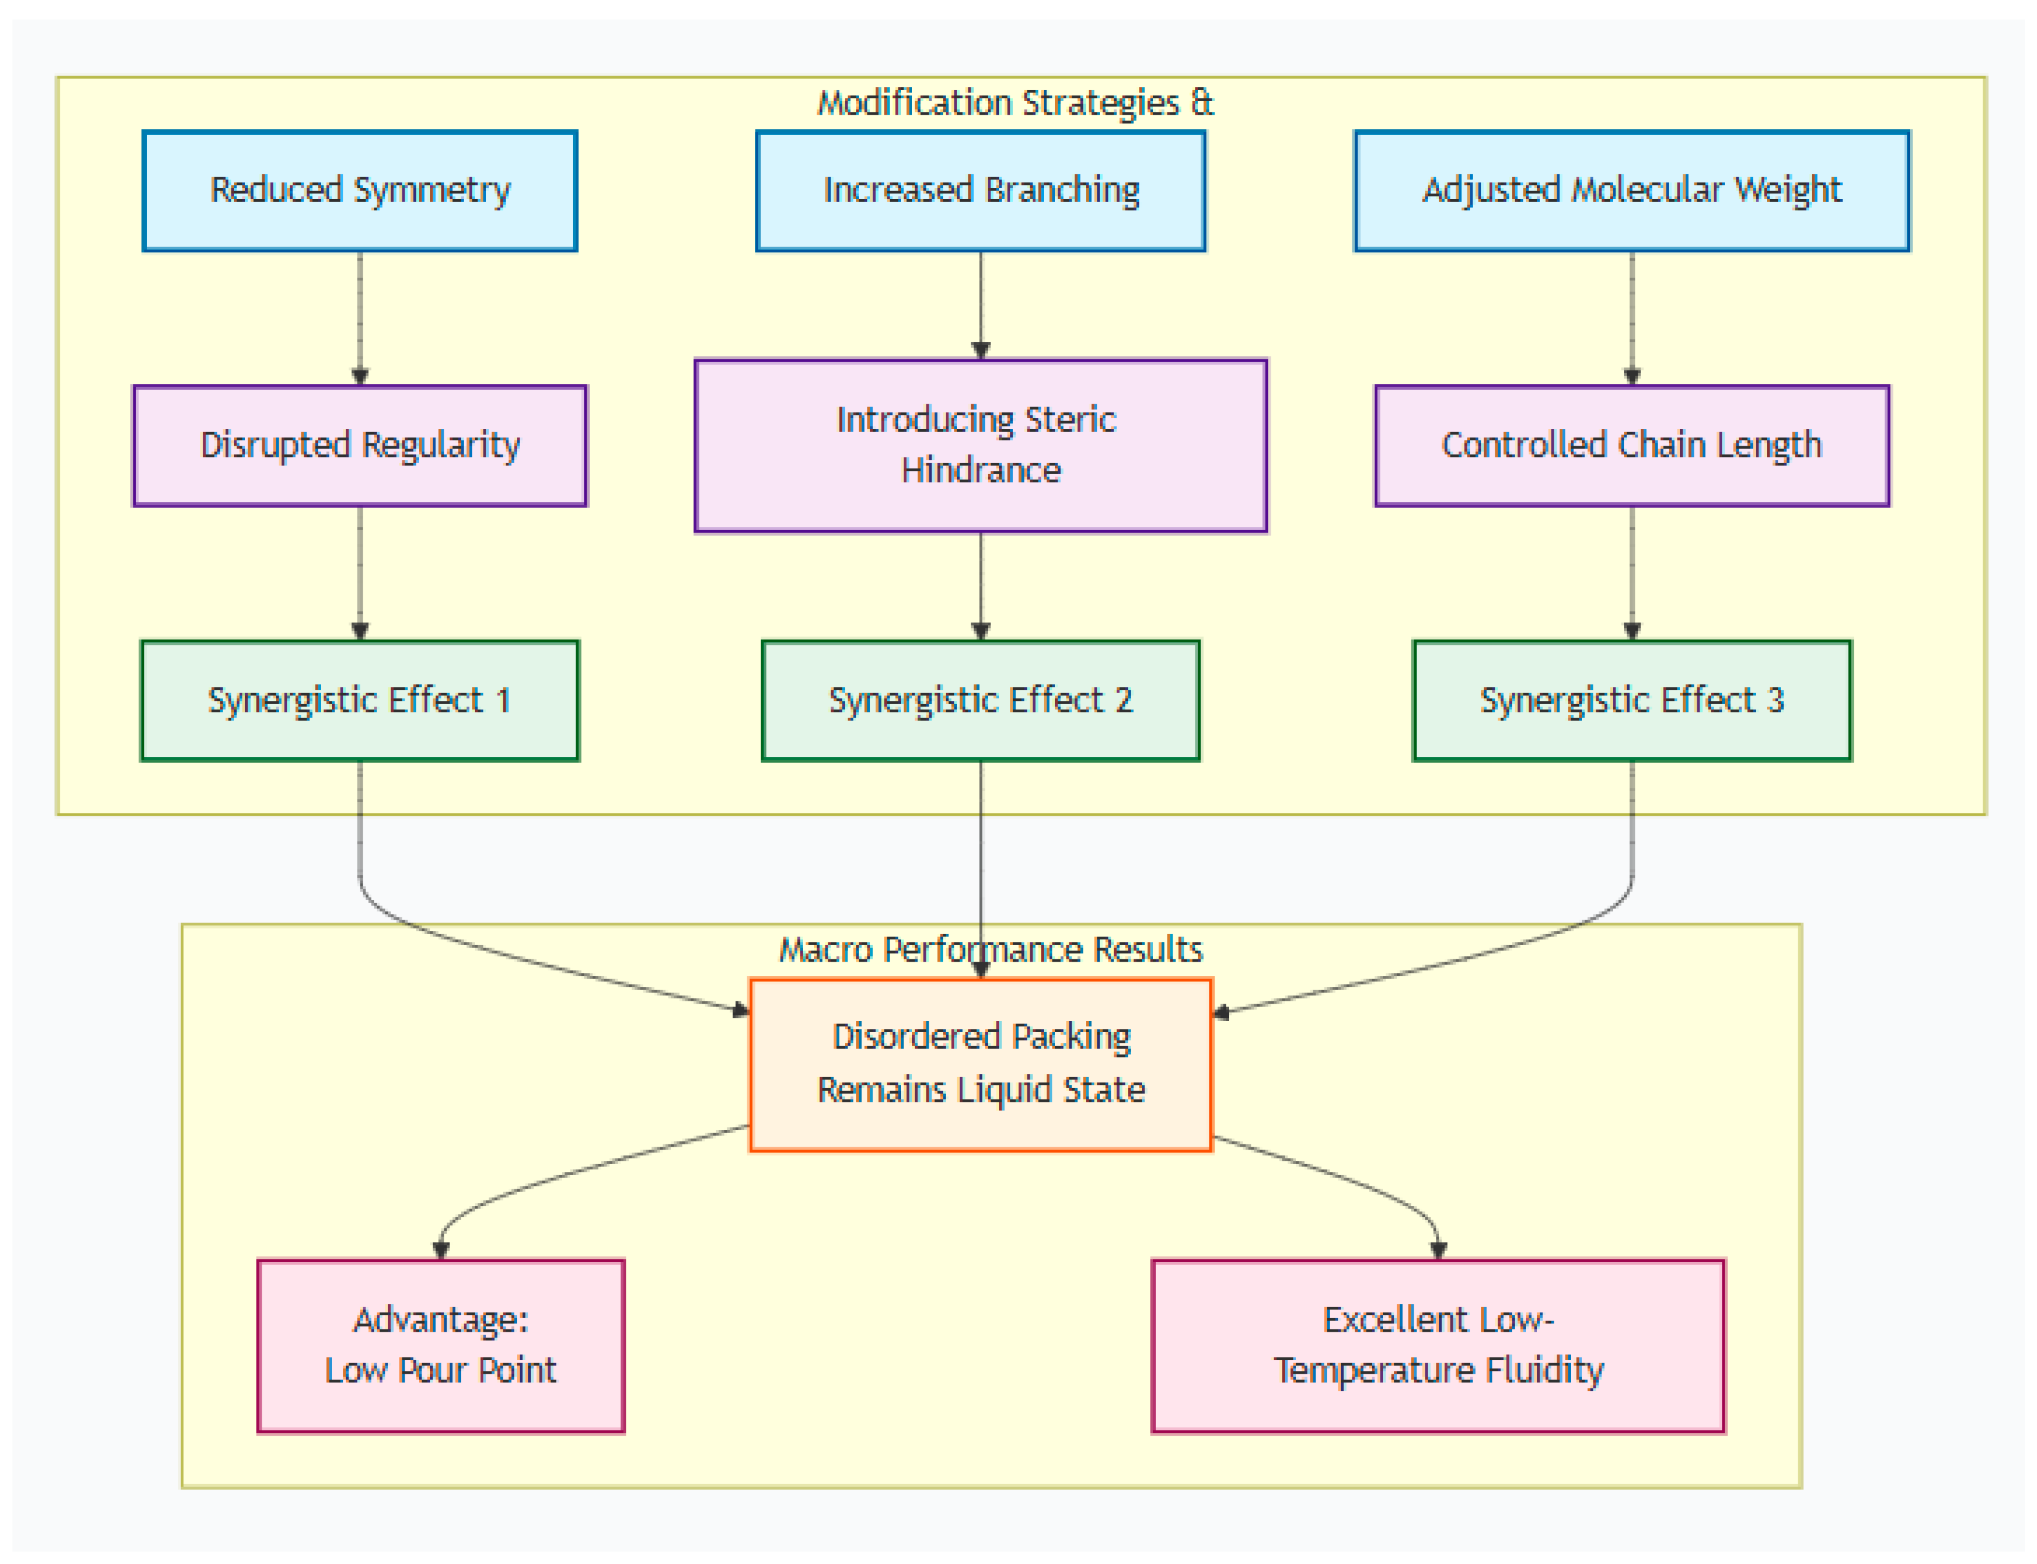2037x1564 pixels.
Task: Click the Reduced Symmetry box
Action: [360, 191]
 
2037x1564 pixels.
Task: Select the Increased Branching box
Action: [981, 191]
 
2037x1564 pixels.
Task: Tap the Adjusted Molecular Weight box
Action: [1632, 191]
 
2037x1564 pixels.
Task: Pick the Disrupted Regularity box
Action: [360, 446]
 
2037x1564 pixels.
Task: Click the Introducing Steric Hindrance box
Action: [981, 446]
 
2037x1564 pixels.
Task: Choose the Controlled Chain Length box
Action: [1632, 446]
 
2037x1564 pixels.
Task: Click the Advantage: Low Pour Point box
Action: [441, 1346]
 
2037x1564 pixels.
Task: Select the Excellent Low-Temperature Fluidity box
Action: [1439, 1346]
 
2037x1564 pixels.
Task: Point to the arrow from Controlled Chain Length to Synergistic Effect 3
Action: [1632, 573]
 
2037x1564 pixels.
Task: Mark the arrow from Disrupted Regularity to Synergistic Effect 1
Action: [360, 573]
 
